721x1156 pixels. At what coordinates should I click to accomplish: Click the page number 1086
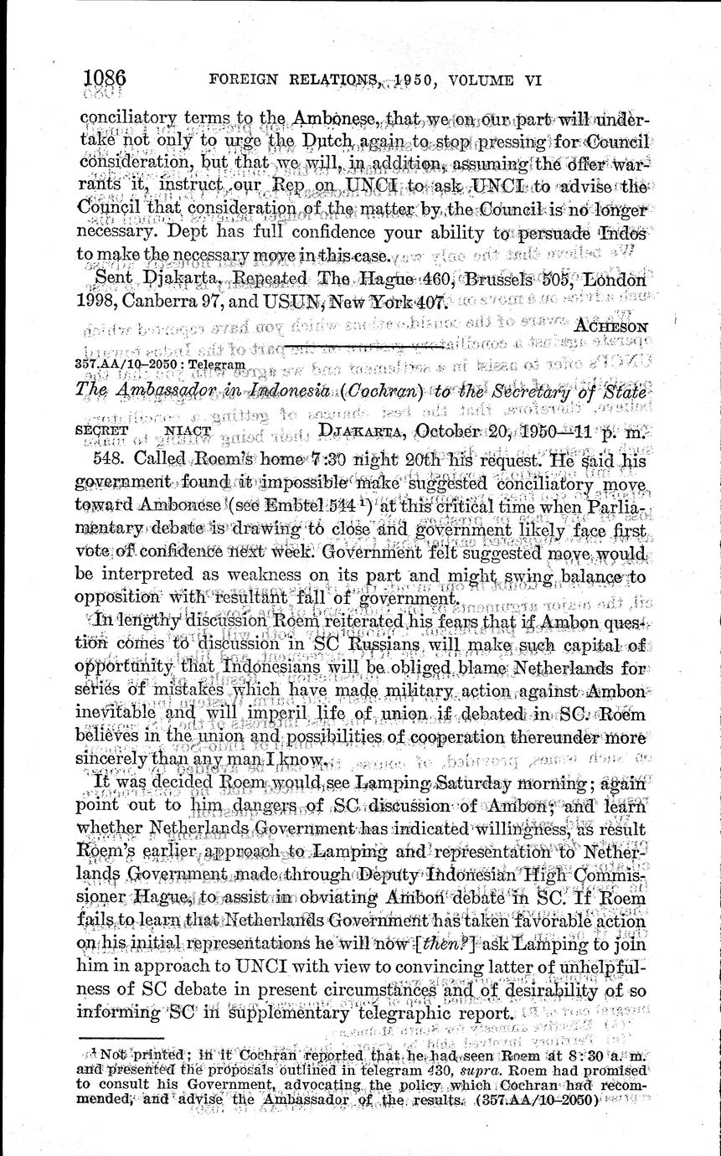105,79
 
